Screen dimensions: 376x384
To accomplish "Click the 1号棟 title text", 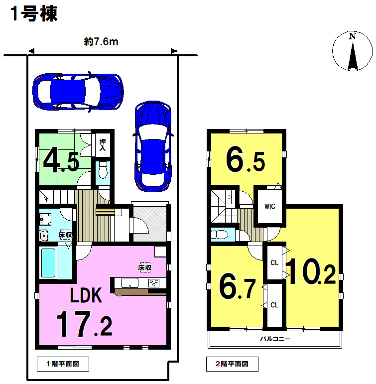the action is (34, 14).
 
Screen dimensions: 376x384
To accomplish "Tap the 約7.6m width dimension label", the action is (101, 42).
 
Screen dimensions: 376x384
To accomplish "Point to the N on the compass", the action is (352, 36).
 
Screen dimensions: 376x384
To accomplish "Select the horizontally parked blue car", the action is (78, 92).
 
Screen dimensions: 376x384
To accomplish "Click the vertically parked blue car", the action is (153, 146).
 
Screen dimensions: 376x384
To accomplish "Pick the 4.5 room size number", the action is (61, 159).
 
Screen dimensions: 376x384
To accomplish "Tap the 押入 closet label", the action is (103, 145).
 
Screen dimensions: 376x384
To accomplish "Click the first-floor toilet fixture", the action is (103, 170).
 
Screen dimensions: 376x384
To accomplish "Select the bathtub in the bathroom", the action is (48, 263).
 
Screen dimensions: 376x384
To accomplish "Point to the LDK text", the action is (86, 295).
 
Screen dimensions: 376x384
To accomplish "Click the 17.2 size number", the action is (85, 324).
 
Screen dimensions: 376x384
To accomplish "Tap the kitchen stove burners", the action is (154, 283).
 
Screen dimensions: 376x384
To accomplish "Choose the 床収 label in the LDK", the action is (145, 267).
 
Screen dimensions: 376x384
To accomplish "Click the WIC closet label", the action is (270, 207).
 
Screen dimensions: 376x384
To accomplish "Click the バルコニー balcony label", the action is (275, 339).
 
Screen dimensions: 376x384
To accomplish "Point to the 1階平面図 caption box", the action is (63, 364).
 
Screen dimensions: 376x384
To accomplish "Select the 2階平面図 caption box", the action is (232, 364).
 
